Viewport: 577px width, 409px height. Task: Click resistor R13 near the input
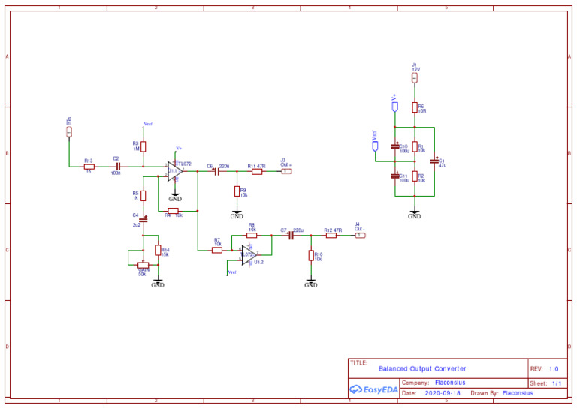pyautogui.click(x=89, y=167)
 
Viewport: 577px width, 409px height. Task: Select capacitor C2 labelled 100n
pyautogui.click(x=117, y=167)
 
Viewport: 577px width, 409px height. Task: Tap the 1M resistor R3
pyautogui.click(x=143, y=146)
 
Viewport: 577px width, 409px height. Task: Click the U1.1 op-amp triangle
pyautogui.click(x=175, y=171)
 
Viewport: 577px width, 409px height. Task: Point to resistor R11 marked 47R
pyautogui.click(x=257, y=171)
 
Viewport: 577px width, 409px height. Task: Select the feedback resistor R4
pyautogui.click(x=173, y=210)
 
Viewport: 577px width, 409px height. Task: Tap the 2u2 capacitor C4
pyautogui.click(x=143, y=219)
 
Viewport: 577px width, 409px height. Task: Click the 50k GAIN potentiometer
pyautogui.click(x=143, y=264)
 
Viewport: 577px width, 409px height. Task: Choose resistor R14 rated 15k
pyautogui.click(x=158, y=250)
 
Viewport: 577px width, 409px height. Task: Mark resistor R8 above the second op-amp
pyautogui.click(x=252, y=235)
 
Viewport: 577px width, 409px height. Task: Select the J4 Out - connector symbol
pyautogui.click(x=361, y=235)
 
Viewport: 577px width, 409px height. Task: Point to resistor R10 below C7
pyautogui.click(x=311, y=256)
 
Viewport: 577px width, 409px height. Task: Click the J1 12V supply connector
pyautogui.click(x=414, y=78)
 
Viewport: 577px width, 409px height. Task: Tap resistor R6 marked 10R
pyautogui.click(x=414, y=107)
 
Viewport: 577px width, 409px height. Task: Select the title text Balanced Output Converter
pyautogui.click(x=422, y=369)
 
